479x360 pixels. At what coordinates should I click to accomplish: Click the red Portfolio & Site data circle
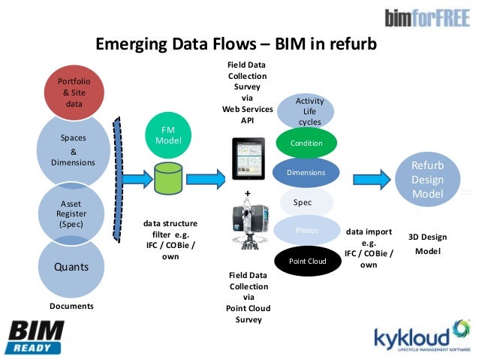pos(74,92)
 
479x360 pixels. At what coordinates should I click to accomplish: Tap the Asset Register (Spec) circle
pos(74,213)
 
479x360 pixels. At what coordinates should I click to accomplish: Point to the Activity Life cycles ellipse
pos(309,111)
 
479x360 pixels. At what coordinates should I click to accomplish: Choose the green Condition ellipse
pos(306,143)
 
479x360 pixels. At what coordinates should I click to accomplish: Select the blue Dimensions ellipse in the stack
pos(306,172)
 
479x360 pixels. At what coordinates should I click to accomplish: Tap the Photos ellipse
pos(307,231)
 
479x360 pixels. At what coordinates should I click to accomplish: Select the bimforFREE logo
pos(426,18)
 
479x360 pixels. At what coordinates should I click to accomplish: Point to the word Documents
pos(72,307)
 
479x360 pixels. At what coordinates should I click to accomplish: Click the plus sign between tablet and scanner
pos(246,194)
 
